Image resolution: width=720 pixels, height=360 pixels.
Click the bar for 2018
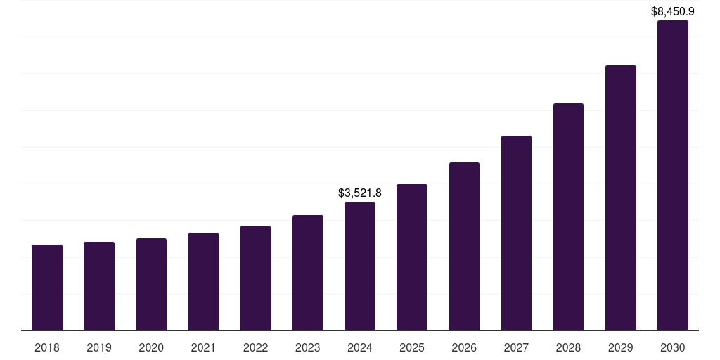click(47, 288)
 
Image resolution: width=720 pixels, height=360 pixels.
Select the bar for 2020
click(151, 285)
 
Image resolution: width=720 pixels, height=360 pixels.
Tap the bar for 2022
click(255, 278)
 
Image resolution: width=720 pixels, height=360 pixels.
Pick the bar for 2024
click(360, 266)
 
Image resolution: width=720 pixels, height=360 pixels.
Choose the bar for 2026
click(464, 247)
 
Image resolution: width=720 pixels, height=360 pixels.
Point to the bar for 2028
click(568, 217)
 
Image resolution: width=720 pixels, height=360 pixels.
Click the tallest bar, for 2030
click(672, 176)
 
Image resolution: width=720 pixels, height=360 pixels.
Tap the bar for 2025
click(412, 257)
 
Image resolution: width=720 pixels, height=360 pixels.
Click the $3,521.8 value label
click(360, 193)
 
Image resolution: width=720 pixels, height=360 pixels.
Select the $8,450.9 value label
click(673, 11)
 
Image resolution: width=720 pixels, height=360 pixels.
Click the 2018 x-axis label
click(47, 347)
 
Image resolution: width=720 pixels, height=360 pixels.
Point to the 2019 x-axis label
click(99, 347)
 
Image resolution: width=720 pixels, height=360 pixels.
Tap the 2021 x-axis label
click(203, 347)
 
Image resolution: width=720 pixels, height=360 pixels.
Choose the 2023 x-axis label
click(308, 347)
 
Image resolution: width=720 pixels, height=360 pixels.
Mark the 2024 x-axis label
click(360, 347)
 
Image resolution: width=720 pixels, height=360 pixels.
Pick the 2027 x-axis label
click(516, 347)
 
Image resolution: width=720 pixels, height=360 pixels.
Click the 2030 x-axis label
click(672, 347)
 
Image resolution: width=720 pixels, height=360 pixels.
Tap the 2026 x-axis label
click(464, 347)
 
